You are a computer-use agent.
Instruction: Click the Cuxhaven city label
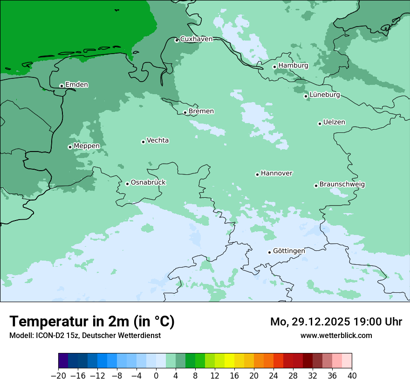click(x=196, y=39)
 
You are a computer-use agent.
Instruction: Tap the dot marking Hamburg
click(x=275, y=67)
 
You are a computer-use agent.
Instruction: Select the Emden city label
click(x=76, y=85)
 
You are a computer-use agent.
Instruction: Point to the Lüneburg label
click(x=324, y=95)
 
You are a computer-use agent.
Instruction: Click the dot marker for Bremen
click(x=185, y=112)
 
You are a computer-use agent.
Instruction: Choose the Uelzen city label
click(x=334, y=123)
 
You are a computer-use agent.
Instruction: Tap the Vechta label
click(x=157, y=140)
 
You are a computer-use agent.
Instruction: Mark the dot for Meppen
click(x=70, y=147)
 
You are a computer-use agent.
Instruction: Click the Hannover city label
click(x=276, y=173)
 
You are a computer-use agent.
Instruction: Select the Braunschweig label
click(x=342, y=185)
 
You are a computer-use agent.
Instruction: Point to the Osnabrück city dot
click(x=127, y=184)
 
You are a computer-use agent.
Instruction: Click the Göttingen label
click(x=289, y=251)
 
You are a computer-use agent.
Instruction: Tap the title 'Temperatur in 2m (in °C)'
click(x=92, y=322)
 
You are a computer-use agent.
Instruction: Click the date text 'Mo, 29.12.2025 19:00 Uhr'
click(x=336, y=322)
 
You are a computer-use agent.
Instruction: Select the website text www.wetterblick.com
click(x=336, y=336)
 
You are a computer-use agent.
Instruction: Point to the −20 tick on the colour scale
click(x=59, y=376)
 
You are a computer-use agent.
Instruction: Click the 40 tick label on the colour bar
click(x=352, y=376)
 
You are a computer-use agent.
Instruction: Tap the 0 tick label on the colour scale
click(x=156, y=376)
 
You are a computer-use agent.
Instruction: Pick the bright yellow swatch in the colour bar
click(x=229, y=361)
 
